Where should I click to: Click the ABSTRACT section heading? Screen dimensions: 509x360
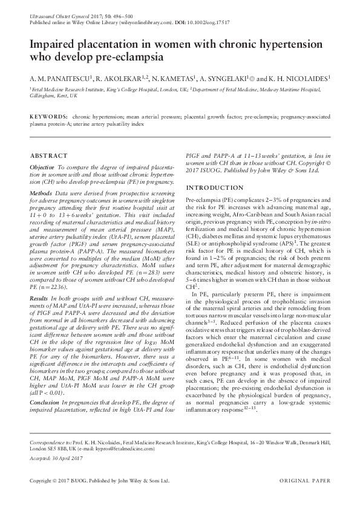pyautogui.click(x=44, y=155)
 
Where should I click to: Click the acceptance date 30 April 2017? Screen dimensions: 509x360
pyautogui.click(x=68, y=459)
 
